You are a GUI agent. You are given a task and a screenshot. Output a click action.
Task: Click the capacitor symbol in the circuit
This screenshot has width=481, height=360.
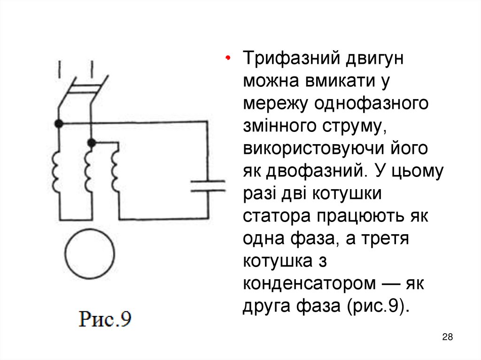click(x=208, y=186)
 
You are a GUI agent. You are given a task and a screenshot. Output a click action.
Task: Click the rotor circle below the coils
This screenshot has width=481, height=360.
click(x=89, y=254)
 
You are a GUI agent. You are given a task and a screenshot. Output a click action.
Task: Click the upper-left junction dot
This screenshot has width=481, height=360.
click(x=59, y=124)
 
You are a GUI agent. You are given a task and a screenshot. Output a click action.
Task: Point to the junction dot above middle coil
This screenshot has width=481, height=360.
click(x=92, y=142)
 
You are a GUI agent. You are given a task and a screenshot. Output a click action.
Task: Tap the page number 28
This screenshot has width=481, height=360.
click(x=448, y=337)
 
